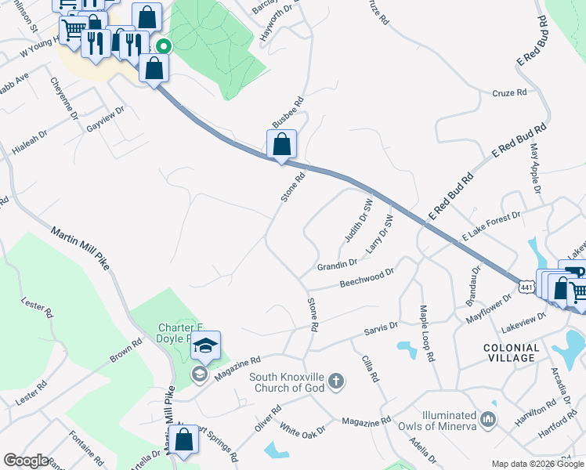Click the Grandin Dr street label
[x=337, y=266]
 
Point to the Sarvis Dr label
[x=382, y=328]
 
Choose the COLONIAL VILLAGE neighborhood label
[x=512, y=352]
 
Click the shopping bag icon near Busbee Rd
[x=281, y=145]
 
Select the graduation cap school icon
[x=205, y=345]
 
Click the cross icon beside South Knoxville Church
[x=335, y=381]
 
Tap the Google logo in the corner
[x=26, y=461]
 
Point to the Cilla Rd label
[x=370, y=368]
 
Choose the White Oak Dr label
[x=301, y=430]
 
